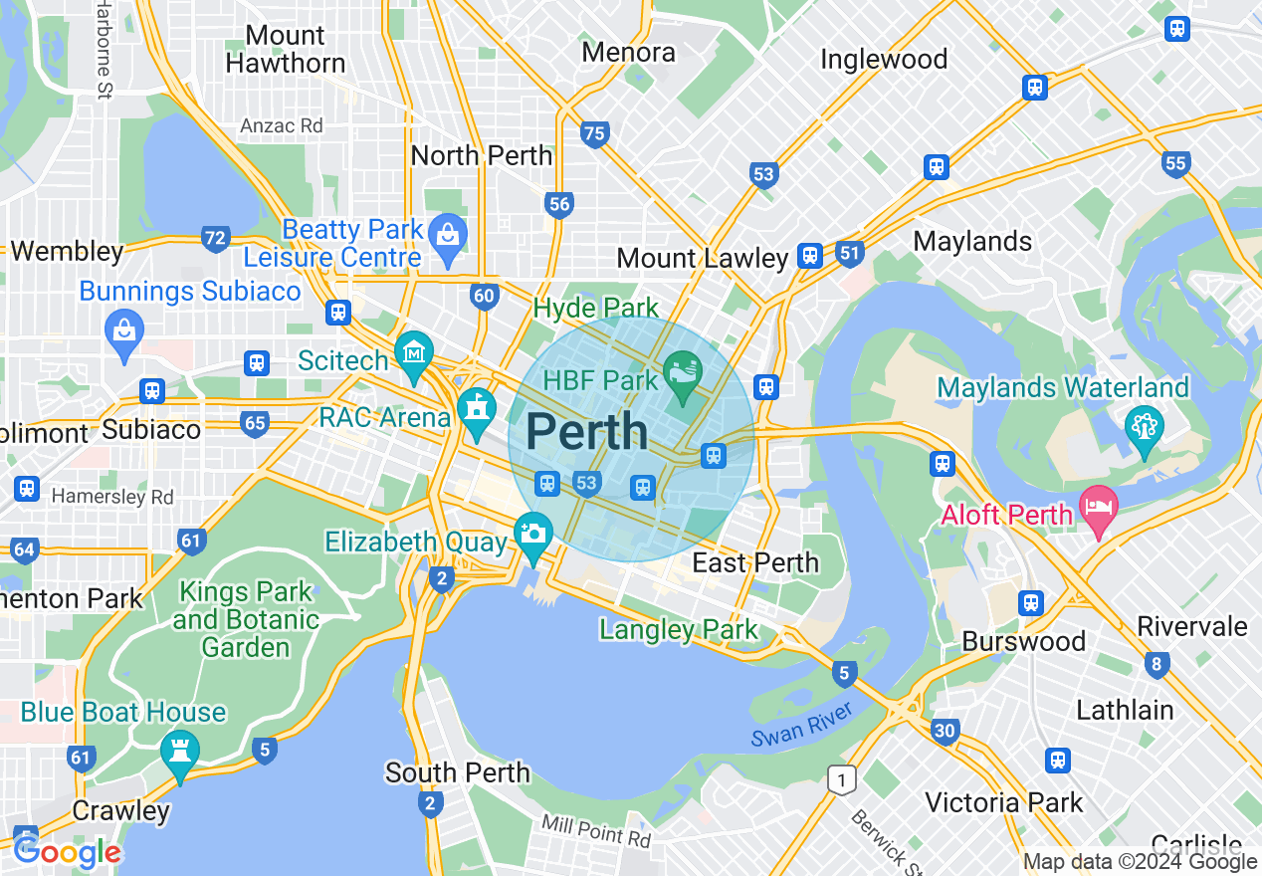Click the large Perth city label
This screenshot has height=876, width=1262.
pyautogui.click(x=586, y=432)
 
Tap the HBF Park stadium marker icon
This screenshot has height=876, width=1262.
pyautogui.click(x=683, y=375)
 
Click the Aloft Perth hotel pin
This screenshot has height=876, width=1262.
pyautogui.click(x=1099, y=505)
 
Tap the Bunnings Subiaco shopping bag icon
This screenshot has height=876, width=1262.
pyautogui.click(x=124, y=330)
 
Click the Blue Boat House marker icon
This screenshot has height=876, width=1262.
pyautogui.click(x=180, y=753)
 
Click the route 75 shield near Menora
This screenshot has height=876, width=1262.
pyautogui.click(x=594, y=133)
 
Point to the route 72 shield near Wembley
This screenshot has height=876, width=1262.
pyautogui.click(x=215, y=238)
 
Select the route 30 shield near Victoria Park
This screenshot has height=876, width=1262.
pyautogui.click(x=946, y=732)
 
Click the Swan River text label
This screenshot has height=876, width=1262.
pyautogui.click(x=802, y=724)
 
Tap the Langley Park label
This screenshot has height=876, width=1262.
pyautogui.click(x=679, y=629)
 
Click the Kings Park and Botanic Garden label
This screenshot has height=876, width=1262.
pyautogui.click(x=246, y=619)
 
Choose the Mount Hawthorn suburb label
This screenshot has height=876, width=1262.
pyautogui.click(x=285, y=50)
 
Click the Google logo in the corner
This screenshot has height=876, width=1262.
pyautogui.click(x=68, y=852)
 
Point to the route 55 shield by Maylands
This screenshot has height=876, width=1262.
pyautogui.click(x=1175, y=162)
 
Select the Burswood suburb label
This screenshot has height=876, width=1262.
pyautogui.click(x=1023, y=641)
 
